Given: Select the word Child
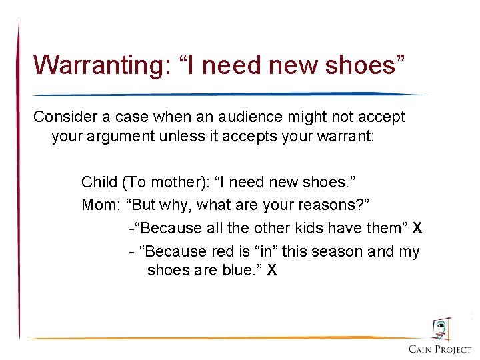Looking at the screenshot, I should coord(98,181).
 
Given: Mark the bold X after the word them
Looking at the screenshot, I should coord(417,228).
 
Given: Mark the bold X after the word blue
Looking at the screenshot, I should coord(271,270).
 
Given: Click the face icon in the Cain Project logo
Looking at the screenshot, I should coord(441,329).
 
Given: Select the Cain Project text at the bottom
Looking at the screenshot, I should coord(440,349).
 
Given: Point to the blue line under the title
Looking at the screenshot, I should coord(227,94).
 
